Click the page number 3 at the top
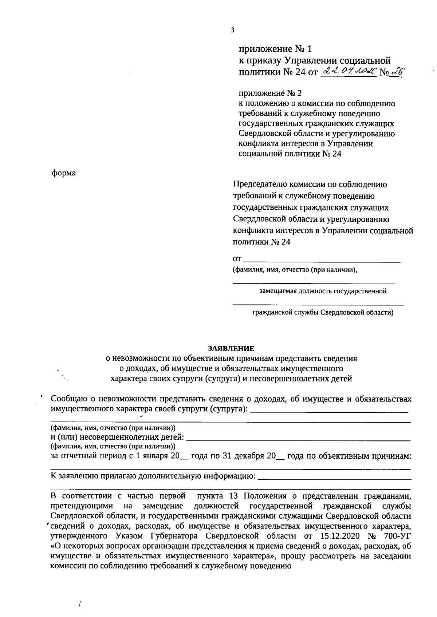pyautogui.click(x=232, y=30)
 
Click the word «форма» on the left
pyautogui.click(x=64, y=173)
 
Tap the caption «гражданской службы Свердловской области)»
pyautogui.click(x=323, y=312)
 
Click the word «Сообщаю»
pyautogui.click(x=69, y=399)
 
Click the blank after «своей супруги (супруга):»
pyautogui.click(x=330, y=410)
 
